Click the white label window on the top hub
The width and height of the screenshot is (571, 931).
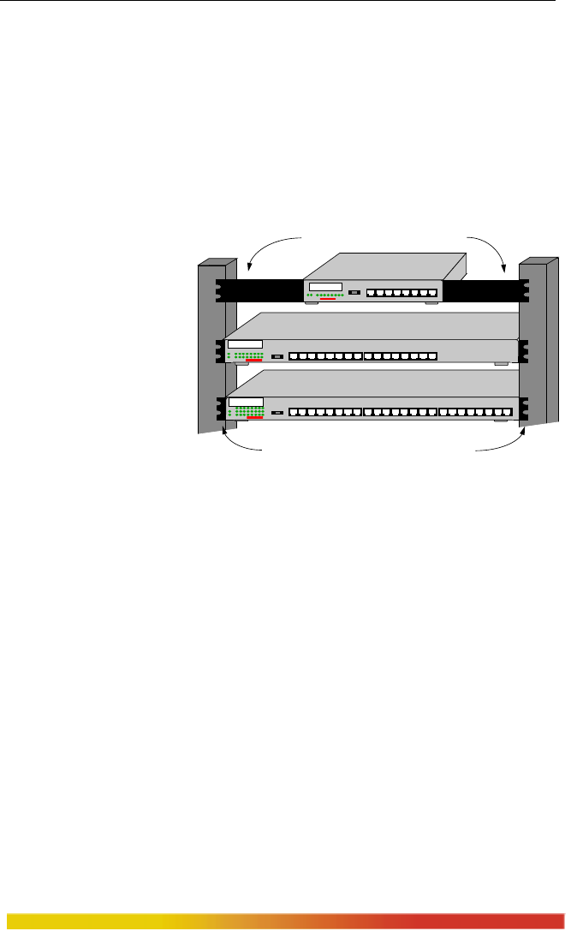(325, 287)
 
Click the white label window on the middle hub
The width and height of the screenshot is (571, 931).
(245, 345)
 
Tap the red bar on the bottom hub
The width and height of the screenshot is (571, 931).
(254, 417)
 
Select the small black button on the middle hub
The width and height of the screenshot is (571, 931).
(277, 355)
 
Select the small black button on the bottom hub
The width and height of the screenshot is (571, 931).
(277, 413)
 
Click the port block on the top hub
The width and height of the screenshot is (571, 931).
(401, 293)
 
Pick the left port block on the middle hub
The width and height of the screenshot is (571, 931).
(325, 355)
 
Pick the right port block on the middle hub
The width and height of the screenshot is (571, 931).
(400, 355)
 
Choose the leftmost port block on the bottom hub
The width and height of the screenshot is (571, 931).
(325, 412)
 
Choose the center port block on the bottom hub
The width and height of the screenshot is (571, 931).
(400, 412)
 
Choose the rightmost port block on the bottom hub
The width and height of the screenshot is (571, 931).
(474, 412)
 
